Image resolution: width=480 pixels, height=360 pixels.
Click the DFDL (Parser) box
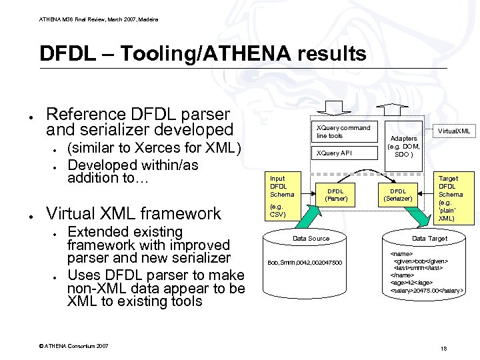pyautogui.click(x=335, y=195)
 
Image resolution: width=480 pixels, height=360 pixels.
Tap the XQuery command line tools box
pyautogui.click(x=343, y=131)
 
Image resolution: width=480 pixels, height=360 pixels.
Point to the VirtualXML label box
pyautogui.click(x=453, y=131)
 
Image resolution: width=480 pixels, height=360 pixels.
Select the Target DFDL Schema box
pyautogui.click(x=448, y=198)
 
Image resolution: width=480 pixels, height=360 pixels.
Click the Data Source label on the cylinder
pyautogui.click(x=311, y=238)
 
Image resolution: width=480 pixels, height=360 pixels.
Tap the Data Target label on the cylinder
pyautogui.click(x=429, y=238)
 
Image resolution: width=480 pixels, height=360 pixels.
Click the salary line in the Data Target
pyautogui.click(x=427, y=291)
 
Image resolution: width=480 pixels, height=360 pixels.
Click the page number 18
pyautogui.click(x=443, y=349)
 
